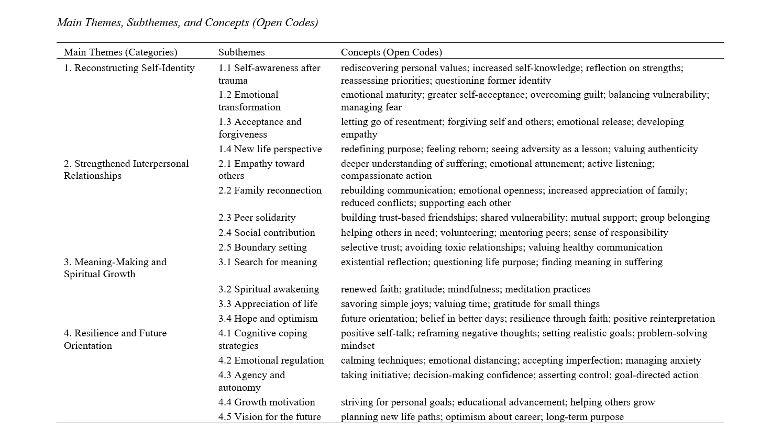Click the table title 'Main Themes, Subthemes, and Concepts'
click(187, 22)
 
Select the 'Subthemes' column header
click(241, 52)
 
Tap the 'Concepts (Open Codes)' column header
click(391, 52)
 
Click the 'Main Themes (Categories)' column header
click(120, 52)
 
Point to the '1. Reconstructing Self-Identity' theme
click(129, 68)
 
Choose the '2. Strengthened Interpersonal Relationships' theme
click(126, 169)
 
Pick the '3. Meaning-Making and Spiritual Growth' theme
click(115, 268)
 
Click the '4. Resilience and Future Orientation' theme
click(115, 339)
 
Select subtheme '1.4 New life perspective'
click(270, 149)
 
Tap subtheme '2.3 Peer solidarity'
click(257, 218)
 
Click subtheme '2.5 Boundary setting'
click(262, 247)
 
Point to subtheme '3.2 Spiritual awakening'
click(269, 289)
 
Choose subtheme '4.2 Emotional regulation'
click(271, 360)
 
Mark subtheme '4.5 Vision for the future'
click(269, 417)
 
